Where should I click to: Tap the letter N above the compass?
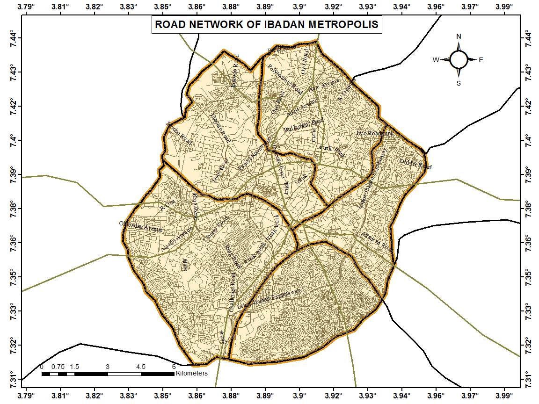[459, 36]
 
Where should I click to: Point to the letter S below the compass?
[459, 83]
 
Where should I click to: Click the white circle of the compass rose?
[459, 59]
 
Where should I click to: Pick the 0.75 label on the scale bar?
[58, 367]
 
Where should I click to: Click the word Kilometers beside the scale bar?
[192, 374]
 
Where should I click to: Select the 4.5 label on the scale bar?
[141, 367]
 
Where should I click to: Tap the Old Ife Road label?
[415, 164]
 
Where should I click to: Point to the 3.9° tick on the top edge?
[299, 7]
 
